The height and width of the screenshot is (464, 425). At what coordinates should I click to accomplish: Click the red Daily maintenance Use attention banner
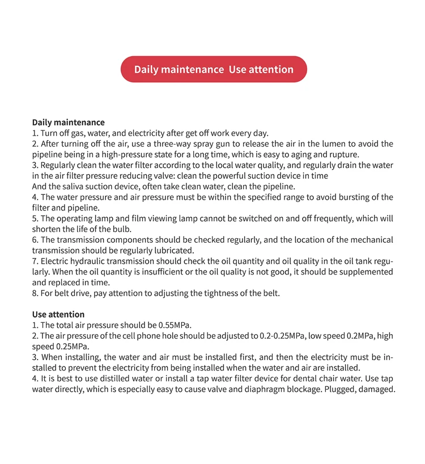point(214,69)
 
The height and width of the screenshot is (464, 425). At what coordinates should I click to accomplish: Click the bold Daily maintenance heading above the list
point(68,122)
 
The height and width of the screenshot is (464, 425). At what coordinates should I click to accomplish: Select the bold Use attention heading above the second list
point(58,314)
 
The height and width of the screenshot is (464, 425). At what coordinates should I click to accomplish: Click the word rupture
point(343,155)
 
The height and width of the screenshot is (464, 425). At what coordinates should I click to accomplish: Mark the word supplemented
point(365,272)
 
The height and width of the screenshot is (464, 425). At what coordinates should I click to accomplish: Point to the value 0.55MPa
point(172,325)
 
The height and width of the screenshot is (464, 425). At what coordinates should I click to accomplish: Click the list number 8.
point(35,293)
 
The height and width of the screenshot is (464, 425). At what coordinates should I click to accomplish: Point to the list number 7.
point(35,261)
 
